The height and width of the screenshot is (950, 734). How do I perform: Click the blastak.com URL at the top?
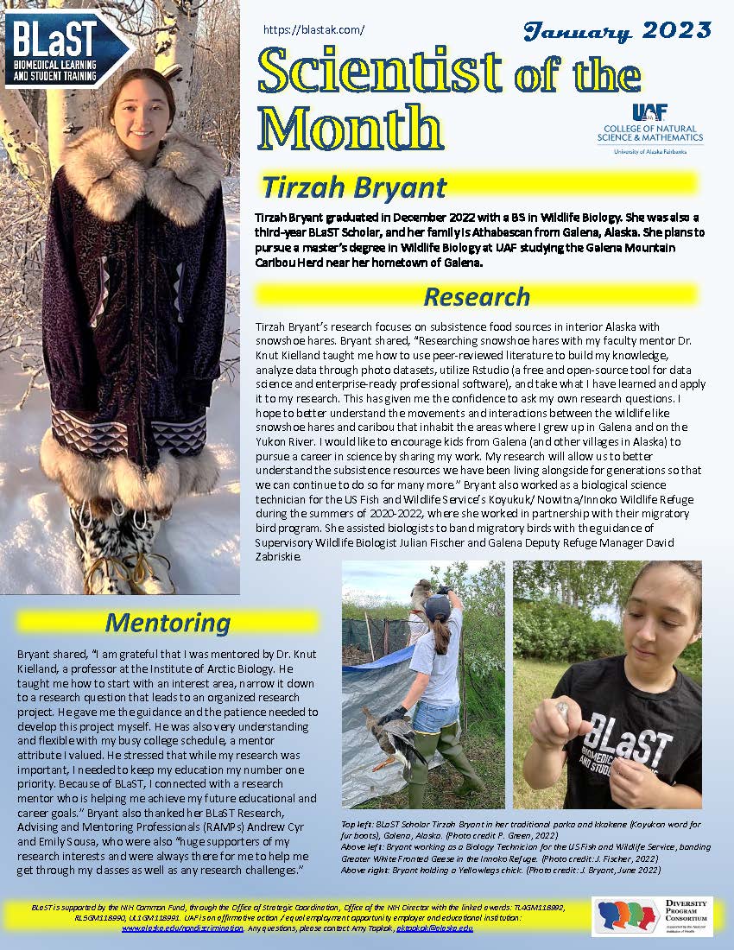(313, 29)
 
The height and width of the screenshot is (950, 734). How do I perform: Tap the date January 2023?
(617, 32)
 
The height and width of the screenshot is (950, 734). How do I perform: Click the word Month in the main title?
(351, 130)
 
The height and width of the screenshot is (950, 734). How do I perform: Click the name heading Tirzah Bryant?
(354, 187)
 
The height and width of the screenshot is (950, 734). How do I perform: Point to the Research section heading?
(476, 296)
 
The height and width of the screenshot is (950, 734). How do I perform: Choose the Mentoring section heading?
(168, 622)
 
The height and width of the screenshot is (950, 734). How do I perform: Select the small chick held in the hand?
(562, 710)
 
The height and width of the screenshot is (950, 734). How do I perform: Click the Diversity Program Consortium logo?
(651, 915)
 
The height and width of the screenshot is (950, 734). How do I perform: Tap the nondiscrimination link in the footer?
(182, 928)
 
